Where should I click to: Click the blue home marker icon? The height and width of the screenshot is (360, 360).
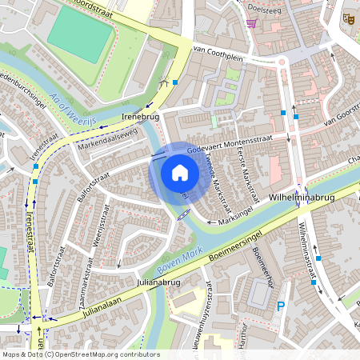pos(180,172)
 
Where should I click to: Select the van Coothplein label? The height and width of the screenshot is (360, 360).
pos(218,57)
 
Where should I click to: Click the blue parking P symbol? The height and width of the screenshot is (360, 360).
pos(280,306)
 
